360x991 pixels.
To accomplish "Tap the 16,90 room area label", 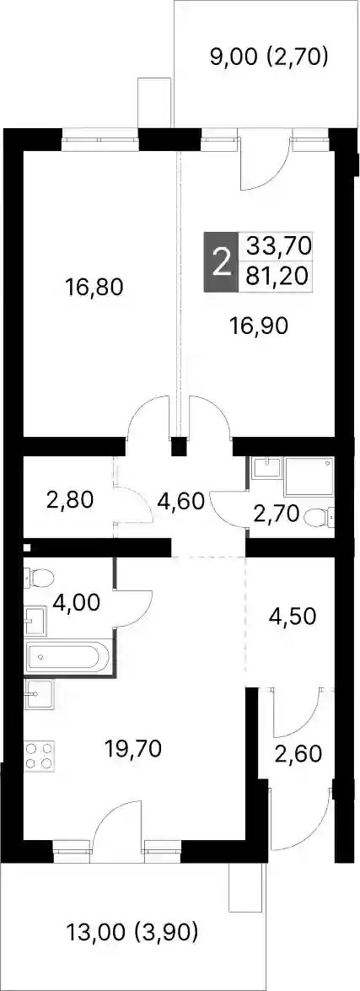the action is point(261,326).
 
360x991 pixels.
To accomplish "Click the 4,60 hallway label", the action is point(180,503).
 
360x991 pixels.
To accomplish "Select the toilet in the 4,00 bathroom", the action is point(39,576).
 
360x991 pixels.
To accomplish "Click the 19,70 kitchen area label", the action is point(134,750).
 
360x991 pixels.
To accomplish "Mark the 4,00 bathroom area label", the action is point(77,604).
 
